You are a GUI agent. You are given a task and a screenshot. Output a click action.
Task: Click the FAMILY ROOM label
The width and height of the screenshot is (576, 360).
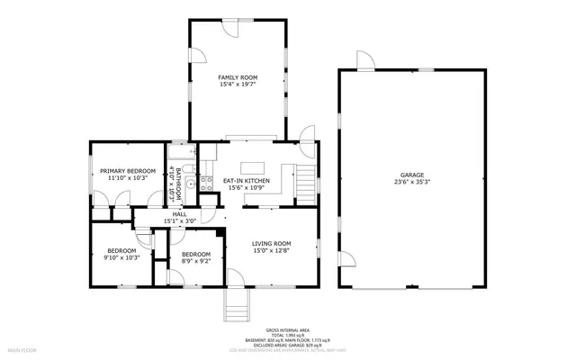coord(238,78)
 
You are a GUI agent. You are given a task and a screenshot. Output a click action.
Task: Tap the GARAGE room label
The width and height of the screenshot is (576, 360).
coord(412,175)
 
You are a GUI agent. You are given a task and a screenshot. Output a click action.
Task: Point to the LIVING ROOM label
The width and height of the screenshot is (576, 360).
coord(271,243)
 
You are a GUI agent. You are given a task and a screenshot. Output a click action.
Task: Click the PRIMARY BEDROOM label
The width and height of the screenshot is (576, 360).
coord(128,171)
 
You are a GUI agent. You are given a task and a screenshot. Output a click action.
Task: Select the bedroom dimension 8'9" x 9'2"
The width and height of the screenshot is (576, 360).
coord(195,262)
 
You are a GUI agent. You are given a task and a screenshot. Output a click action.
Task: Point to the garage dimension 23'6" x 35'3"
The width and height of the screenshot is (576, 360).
coord(412,182)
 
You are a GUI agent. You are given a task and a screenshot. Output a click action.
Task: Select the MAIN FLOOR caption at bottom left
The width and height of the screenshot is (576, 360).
coord(24,347)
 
